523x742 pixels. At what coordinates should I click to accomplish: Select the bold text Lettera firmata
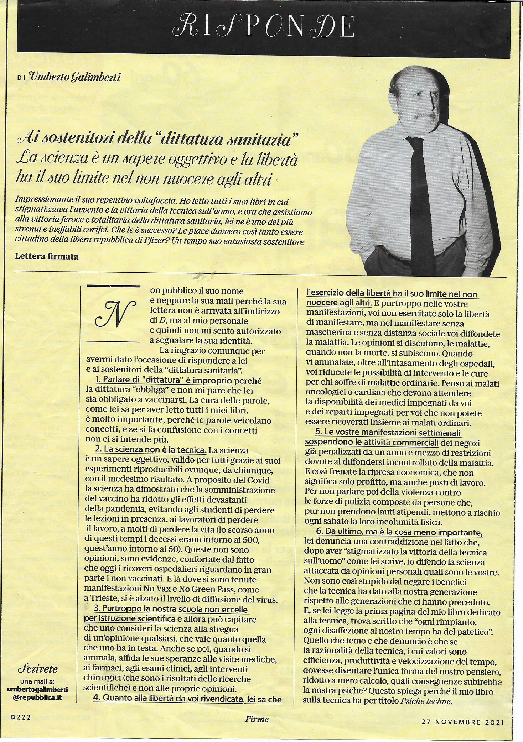(47, 256)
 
